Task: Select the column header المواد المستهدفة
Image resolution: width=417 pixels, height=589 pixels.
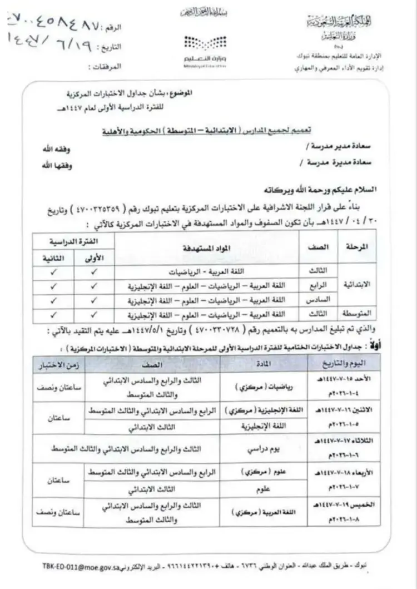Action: tap(207, 248)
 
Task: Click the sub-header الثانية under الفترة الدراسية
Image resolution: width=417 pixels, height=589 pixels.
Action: tap(53, 259)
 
